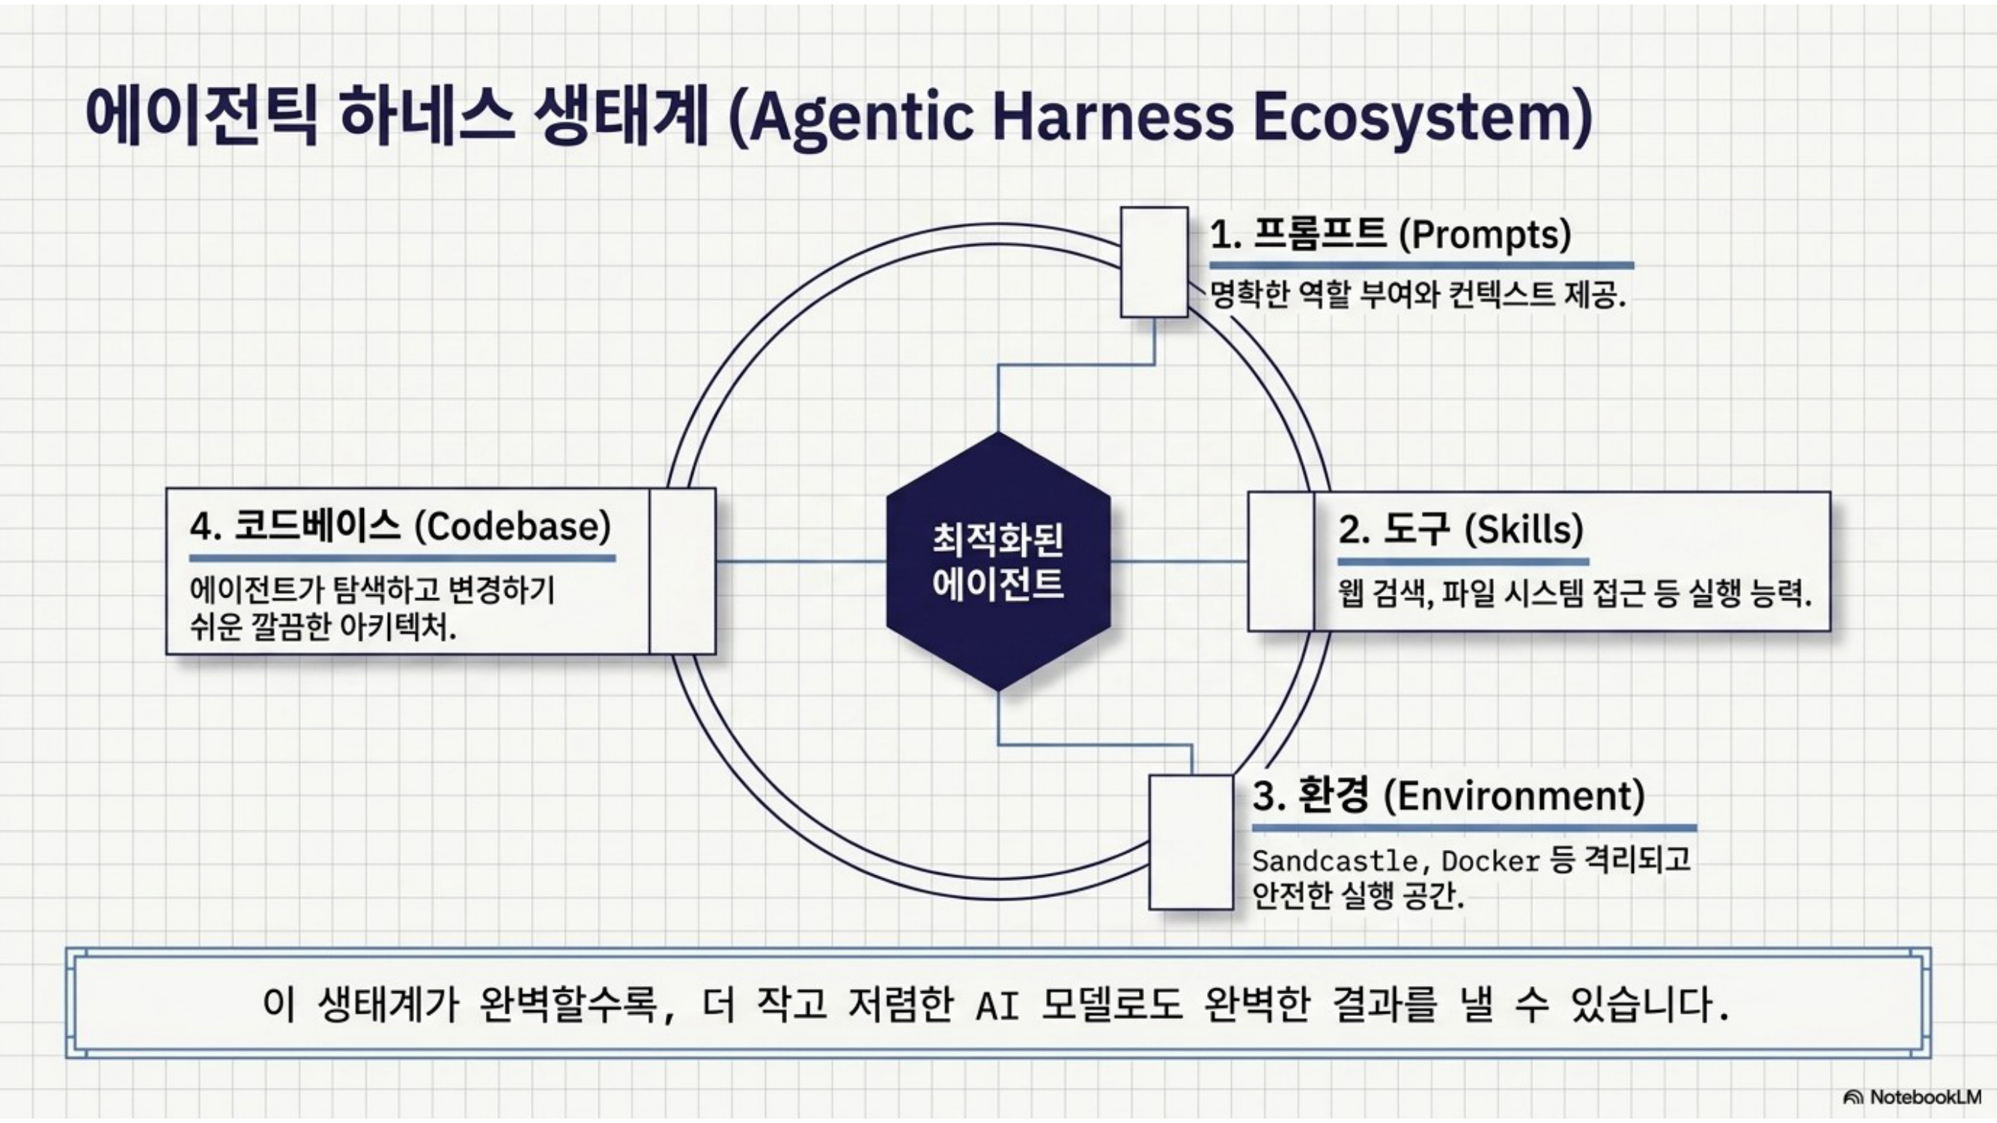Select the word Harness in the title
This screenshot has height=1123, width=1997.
pyautogui.click(x=1113, y=116)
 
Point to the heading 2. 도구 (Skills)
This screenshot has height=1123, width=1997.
pyautogui.click(x=1461, y=529)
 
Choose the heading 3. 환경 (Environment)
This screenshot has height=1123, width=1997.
pyautogui.click(x=1448, y=796)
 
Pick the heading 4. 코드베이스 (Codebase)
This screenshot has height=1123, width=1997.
pyautogui.click(x=400, y=526)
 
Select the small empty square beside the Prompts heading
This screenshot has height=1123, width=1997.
pyautogui.click(x=1155, y=262)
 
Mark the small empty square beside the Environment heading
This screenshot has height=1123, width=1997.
pyautogui.click(x=1191, y=842)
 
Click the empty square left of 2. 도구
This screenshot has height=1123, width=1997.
pyautogui.click(x=1280, y=561)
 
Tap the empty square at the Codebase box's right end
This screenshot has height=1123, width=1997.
pyautogui.click(x=682, y=571)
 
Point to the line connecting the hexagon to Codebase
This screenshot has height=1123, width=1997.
pyautogui.click(x=800, y=561)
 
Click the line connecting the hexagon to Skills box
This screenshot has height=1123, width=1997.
pyautogui.click(x=1179, y=561)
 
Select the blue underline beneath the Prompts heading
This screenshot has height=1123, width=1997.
pyautogui.click(x=1422, y=266)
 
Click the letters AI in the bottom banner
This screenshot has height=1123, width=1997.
pyautogui.click(x=997, y=1006)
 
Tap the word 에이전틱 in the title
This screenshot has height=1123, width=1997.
pyautogui.click(x=201, y=116)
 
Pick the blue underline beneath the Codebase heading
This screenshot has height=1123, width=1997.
pyautogui.click(x=402, y=558)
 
